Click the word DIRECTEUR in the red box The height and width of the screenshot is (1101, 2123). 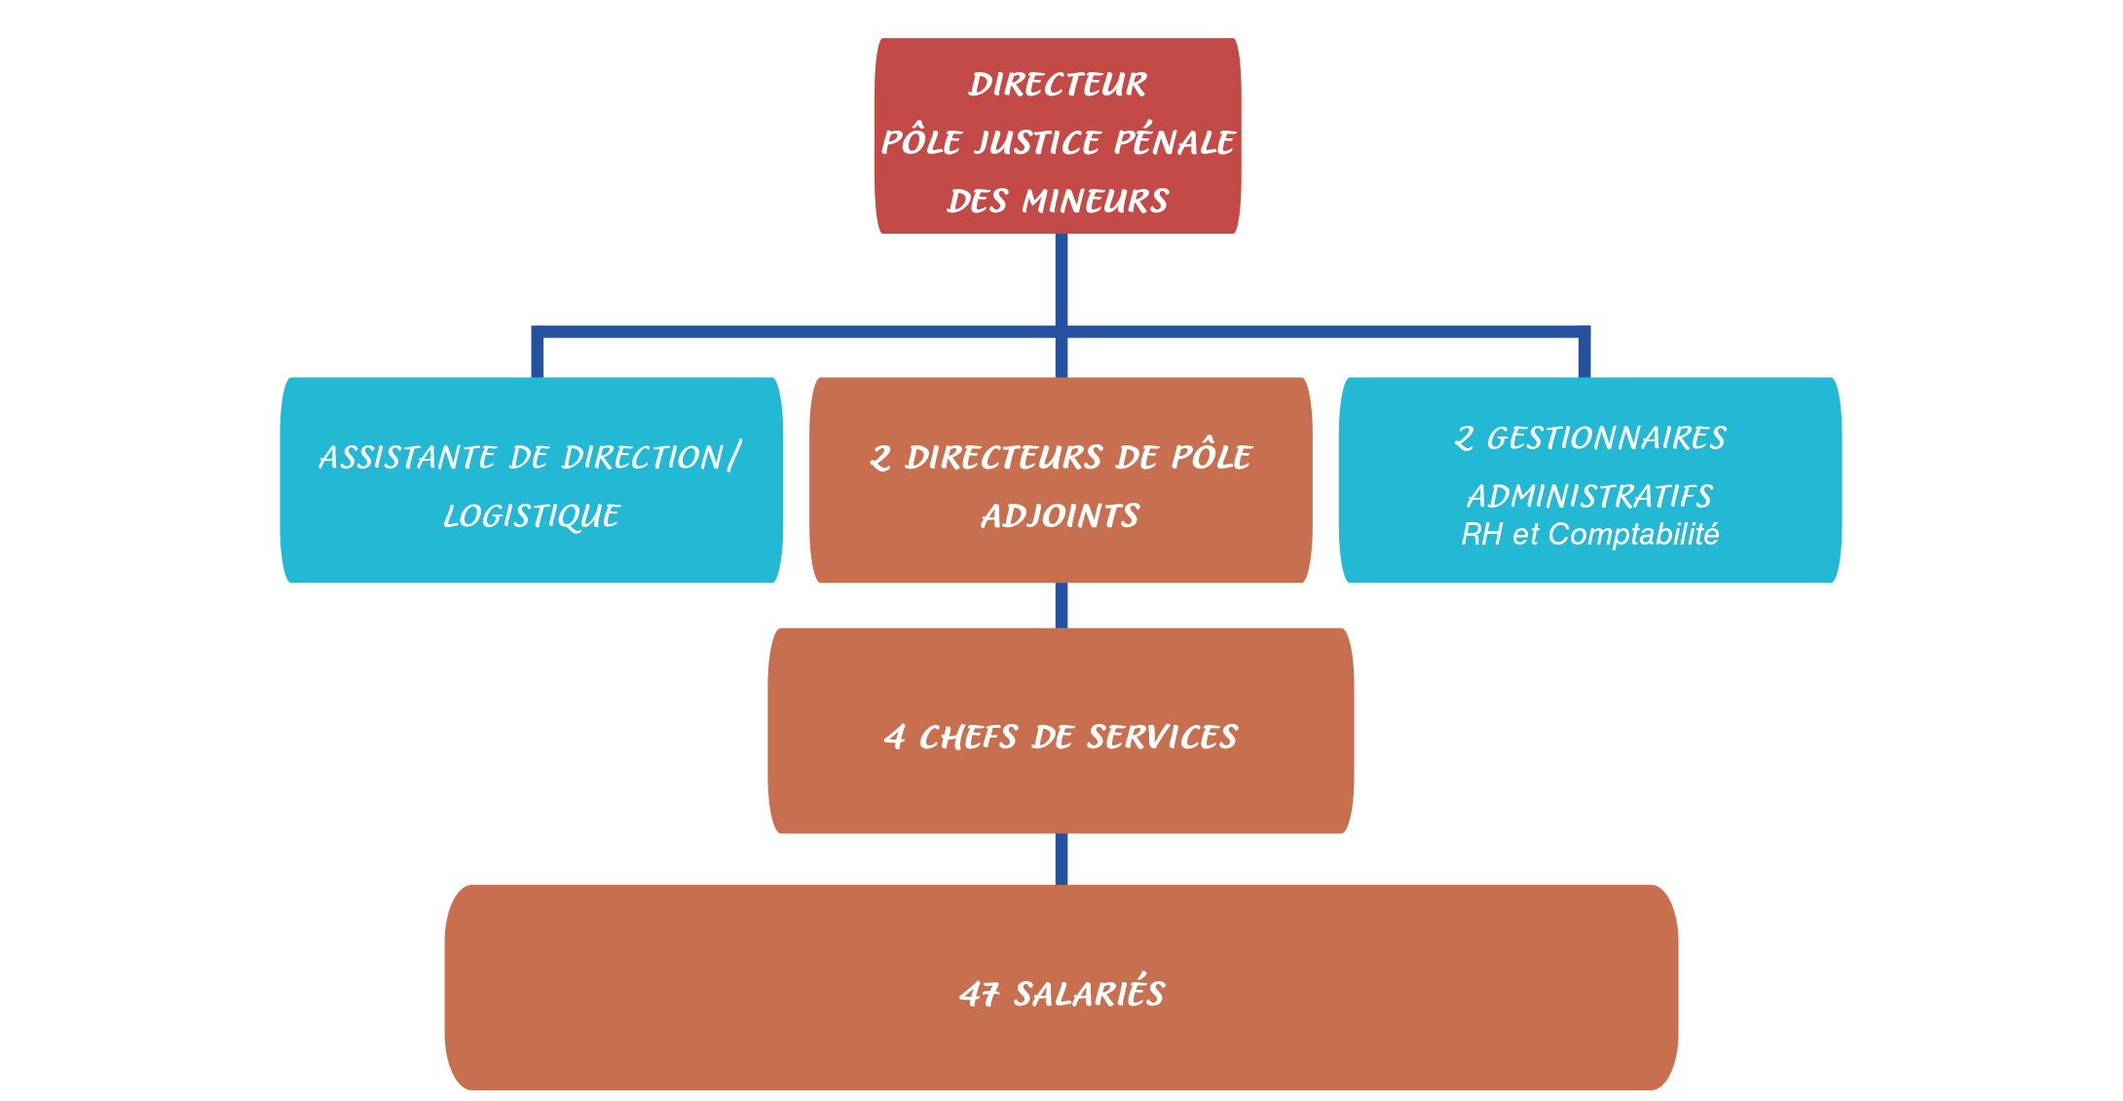point(1058,85)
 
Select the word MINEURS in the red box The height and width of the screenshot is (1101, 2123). point(1095,202)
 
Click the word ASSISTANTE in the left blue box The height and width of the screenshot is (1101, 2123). point(409,458)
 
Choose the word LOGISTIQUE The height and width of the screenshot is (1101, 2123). point(532,516)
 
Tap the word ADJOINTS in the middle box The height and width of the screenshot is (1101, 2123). point(1061,516)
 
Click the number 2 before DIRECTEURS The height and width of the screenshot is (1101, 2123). point(880,458)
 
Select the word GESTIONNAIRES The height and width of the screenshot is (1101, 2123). point(1606,438)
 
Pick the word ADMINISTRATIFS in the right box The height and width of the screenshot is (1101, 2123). point(1589,497)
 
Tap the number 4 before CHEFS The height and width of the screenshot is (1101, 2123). point(895,738)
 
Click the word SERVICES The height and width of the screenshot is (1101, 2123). point(1162,738)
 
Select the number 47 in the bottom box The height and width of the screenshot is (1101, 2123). point(980,994)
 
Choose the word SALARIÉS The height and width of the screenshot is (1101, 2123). point(1089,992)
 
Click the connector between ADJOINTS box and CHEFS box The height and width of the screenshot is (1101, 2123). point(1061,605)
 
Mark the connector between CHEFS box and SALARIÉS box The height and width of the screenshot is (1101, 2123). point(1061,859)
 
